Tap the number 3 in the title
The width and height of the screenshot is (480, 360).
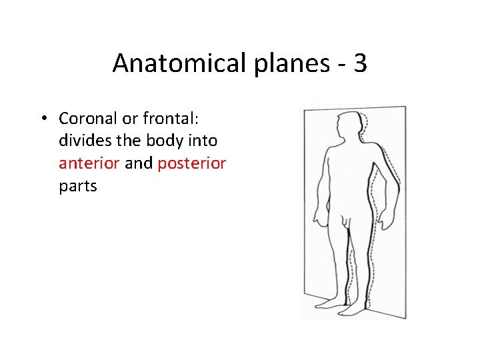[x=359, y=63]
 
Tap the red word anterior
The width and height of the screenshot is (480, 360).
[x=89, y=163]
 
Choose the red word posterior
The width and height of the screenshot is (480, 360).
[x=192, y=164]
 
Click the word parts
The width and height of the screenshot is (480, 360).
[x=78, y=187]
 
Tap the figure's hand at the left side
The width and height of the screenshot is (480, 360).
[x=320, y=217]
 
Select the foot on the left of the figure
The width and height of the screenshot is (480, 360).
[x=330, y=305]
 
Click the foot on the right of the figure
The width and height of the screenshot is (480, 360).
[x=359, y=307]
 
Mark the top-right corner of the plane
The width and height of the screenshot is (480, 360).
[x=405, y=107]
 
